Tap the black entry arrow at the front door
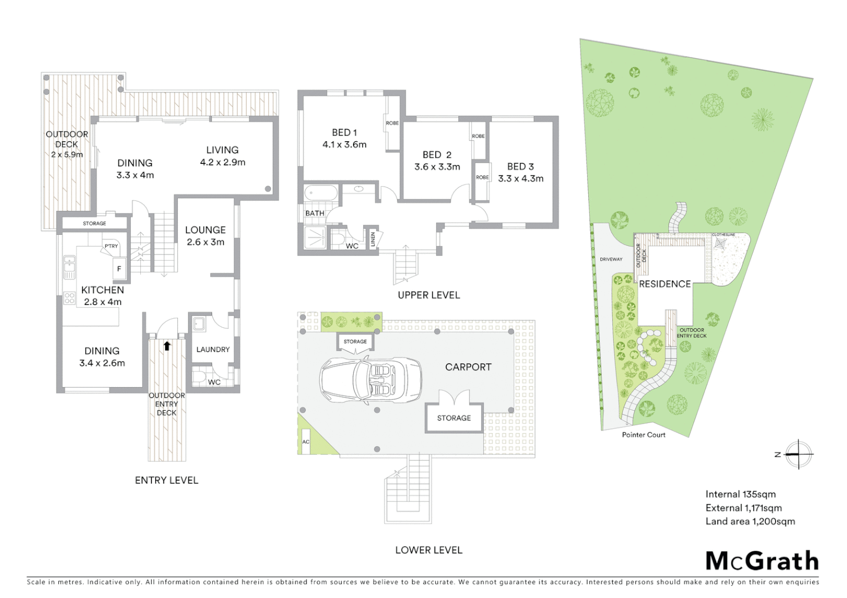coord(167,346)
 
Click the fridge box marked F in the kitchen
coord(119,269)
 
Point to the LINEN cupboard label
coord(373,239)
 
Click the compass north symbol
coord(798,455)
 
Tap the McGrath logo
coord(762,561)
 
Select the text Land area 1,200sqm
coord(750,522)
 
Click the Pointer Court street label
coord(643,435)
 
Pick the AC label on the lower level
coord(305,442)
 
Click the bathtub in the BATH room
coord(320,194)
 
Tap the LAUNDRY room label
coord(213,349)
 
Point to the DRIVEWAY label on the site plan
coord(611,259)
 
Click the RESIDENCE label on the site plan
coord(665,284)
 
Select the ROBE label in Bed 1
coord(392,123)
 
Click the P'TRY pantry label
coord(111,246)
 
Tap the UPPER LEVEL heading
coord(428,295)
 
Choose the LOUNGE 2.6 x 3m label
coord(205,235)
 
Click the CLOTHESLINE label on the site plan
coord(723,235)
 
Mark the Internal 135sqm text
coord(741,494)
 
